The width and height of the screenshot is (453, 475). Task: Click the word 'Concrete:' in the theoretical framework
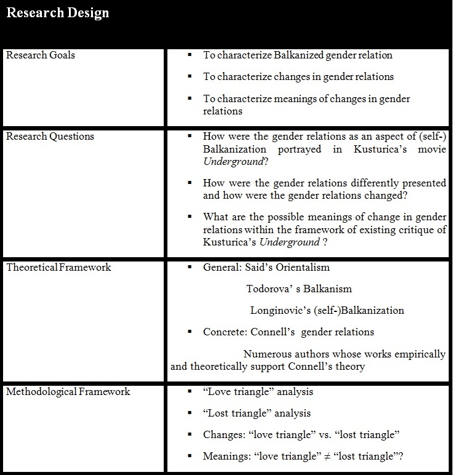(x=225, y=332)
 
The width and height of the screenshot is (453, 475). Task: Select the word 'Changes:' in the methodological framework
(x=224, y=435)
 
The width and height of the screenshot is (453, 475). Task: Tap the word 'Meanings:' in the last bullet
(x=227, y=457)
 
